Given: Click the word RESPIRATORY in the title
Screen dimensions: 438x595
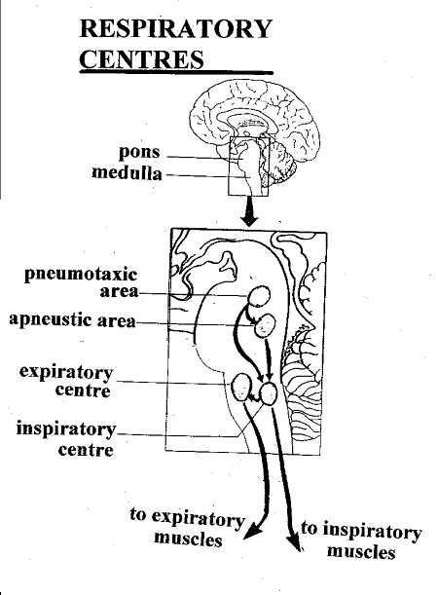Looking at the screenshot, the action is tap(176, 28).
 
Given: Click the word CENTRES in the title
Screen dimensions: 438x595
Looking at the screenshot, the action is tap(141, 58).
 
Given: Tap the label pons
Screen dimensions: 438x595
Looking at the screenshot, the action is tap(139, 152).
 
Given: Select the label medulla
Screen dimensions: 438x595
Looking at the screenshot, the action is tap(128, 172).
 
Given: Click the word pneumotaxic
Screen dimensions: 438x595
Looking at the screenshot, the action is tap(81, 275).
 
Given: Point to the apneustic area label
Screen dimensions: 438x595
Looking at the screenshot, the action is tap(72, 319).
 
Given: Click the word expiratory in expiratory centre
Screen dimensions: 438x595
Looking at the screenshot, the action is tap(66, 373).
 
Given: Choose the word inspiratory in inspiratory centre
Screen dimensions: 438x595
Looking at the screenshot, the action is tap(66, 429).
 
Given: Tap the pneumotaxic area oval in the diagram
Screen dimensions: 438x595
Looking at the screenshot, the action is tap(259, 296).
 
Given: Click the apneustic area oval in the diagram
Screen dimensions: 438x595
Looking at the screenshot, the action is tap(265, 325).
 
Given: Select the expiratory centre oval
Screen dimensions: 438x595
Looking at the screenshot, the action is tap(240, 387).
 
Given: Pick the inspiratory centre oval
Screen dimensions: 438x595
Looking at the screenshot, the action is tap(269, 393).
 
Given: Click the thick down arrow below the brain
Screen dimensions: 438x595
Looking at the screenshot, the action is tap(249, 211).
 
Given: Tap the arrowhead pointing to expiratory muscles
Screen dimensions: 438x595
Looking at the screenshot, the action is tap(252, 531).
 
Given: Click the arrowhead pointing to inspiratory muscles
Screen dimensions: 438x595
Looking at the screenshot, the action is tap(297, 541).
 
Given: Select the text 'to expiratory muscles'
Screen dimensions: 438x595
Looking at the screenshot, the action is tap(187, 527).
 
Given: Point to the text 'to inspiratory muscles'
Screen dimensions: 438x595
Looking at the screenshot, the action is tap(361, 540).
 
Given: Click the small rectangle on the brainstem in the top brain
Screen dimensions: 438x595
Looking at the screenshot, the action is tap(248, 167).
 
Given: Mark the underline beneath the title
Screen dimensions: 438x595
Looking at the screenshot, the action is tap(176, 72).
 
